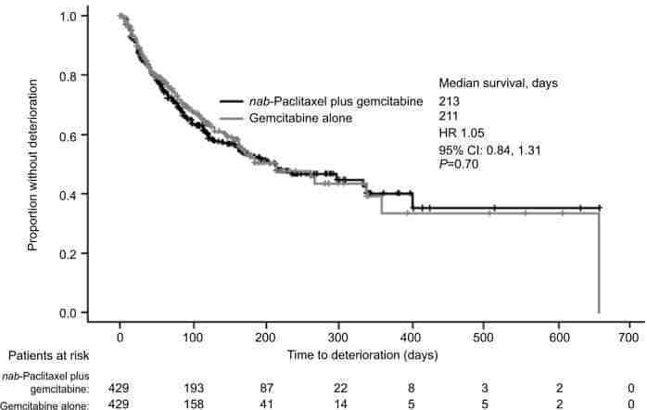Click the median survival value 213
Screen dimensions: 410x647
click(450, 99)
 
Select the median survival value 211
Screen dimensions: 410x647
click(450, 116)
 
